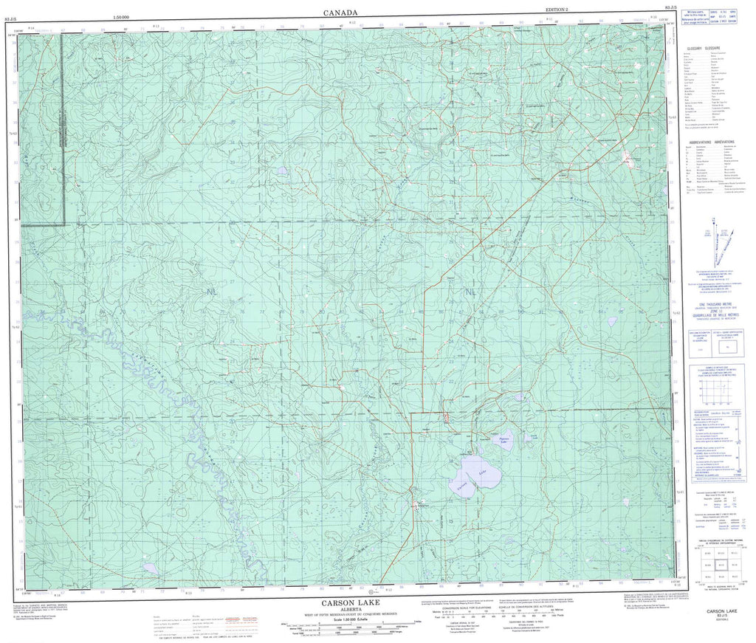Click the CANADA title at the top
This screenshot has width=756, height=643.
[x=340, y=12]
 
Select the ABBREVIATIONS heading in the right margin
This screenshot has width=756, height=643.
[x=712, y=140]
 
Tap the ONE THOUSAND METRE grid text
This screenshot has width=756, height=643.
[x=713, y=304]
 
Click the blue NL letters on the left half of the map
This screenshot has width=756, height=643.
[x=213, y=293]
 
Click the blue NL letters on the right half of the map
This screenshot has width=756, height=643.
[x=470, y=293]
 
